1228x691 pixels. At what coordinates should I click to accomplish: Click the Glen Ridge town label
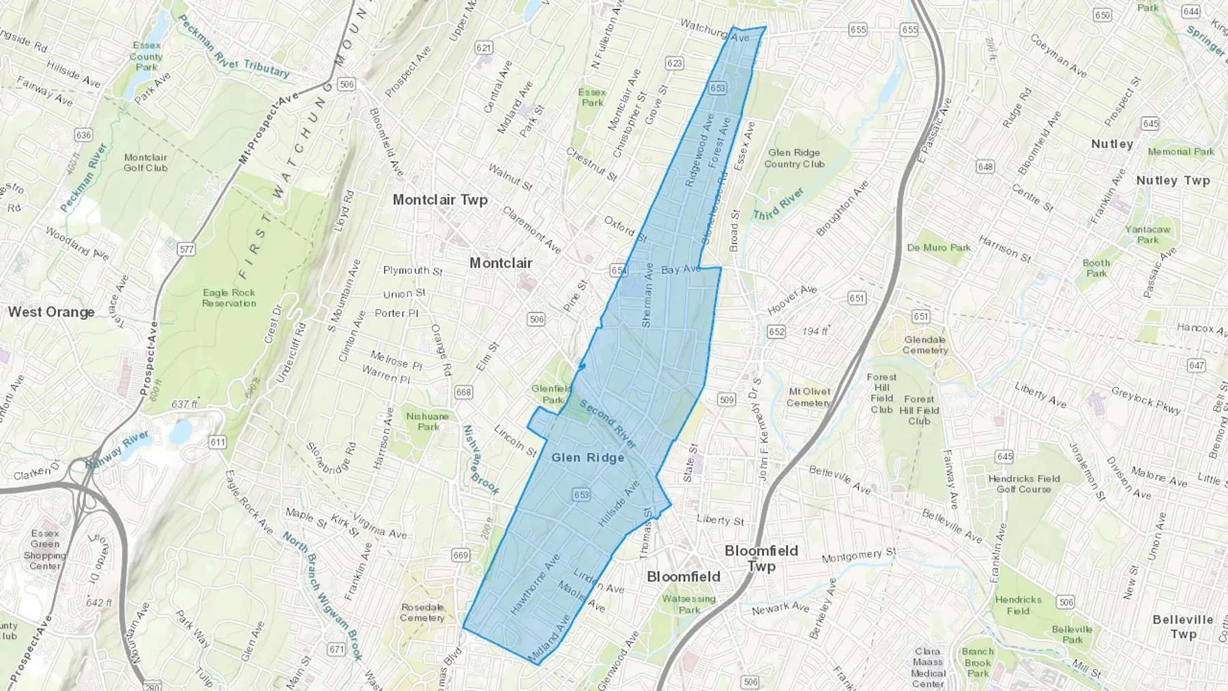[587, 458]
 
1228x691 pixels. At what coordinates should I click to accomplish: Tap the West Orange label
[51, 312]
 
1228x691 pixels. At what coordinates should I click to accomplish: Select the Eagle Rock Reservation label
[229, 297]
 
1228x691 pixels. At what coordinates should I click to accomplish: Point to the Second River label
[608, 424]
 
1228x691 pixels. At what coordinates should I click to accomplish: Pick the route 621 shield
[484, 48]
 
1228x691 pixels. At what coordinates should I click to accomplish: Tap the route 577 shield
[186, 250]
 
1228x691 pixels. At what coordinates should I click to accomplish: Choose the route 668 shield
[463, 392]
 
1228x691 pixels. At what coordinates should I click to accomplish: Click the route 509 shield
[727, 400]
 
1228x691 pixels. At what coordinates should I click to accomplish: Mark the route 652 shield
[776, 332]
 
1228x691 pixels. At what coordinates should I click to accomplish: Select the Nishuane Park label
[428, 422]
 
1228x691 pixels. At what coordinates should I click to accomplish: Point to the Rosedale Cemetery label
[422, 613]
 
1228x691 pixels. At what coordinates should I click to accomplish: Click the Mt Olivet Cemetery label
[809, 397]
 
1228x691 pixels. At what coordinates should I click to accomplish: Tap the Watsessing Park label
[688, 604]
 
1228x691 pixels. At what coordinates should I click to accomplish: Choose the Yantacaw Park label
[1147, 235]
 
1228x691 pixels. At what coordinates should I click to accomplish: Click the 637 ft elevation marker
[184, 404]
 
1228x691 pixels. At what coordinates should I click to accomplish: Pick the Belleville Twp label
[1182, 626]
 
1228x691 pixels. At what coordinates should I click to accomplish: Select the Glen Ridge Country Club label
[794, 158]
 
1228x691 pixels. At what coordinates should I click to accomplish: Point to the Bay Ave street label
[681, 269]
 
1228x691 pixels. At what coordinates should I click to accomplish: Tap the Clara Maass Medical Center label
[928, 667]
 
